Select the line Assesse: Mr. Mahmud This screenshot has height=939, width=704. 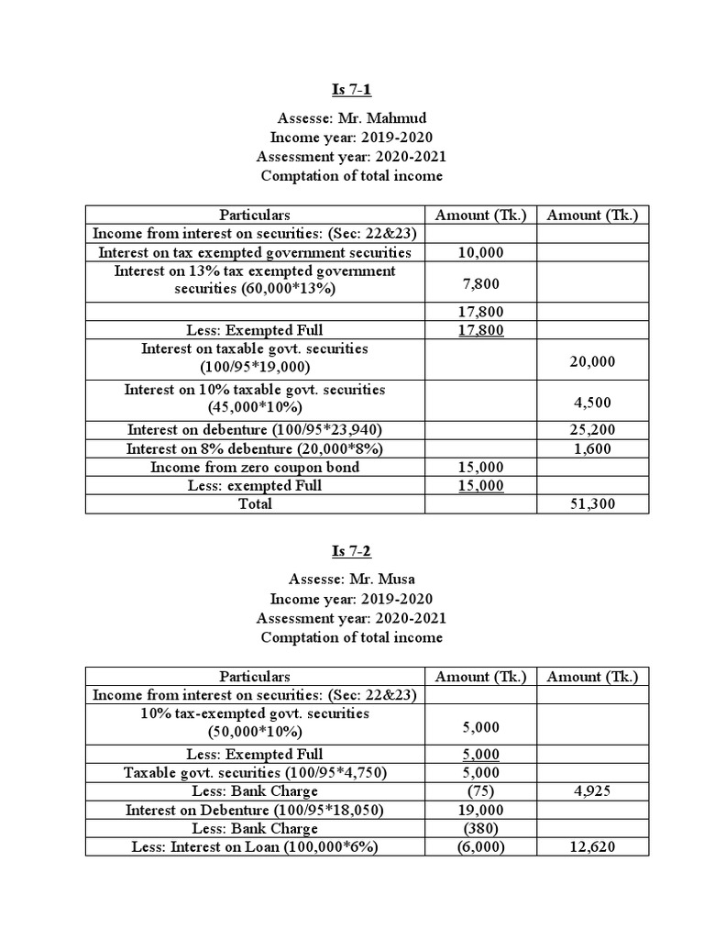pyautogui.click(x=351, y=117)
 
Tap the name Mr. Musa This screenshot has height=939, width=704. pyautogui.click(x=380, y=580)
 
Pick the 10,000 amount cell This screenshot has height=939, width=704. pyautogui.click(x=480, y=252)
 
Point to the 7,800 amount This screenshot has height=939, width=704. pyautogui.click(x=480, y=285)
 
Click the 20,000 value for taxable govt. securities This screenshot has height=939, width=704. pyautogui.click(x=591, y=362)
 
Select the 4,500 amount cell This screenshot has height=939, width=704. pyautogui.click(x=591, y=403)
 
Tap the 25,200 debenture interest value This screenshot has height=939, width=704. pyautogui.click(x=591, y=429)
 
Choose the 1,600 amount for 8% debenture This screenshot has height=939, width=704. pyautogui.click(x=591, y=448)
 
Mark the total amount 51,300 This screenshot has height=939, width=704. pyautogui.click(x=591, y=503)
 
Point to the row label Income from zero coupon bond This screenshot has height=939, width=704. pyautogui.click(x=254, y=467)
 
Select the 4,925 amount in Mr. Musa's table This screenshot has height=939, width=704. pyautogui.click(x=591, y=790)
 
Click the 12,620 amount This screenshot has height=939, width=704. pyautogui.click(x=591, y=846)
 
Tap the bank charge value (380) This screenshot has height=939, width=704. pyautogui.click(x=480, y=828)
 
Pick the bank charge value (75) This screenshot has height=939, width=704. pyautogui.click(x=480, y=790)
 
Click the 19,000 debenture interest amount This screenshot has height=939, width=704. pyautogui.click(x=480, y=810)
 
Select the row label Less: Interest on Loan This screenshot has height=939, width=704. pyautogui.click(x=254, y=846)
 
